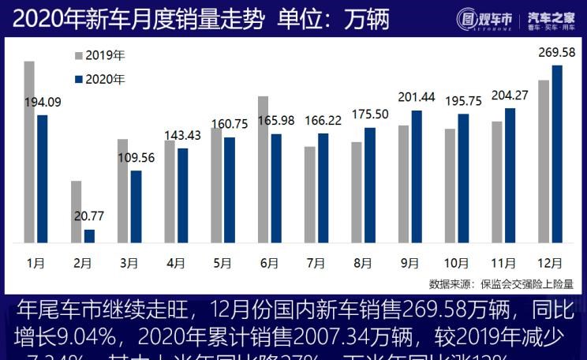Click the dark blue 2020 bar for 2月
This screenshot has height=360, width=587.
pyautogui.click(x=89, y=235)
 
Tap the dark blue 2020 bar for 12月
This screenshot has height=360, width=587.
pyautogui.click(x=557, y=154)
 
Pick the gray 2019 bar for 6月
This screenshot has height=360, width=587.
pyautogui.click(x=263, y=169)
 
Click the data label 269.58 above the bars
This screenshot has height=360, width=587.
pyautogui.click(x=556, y=53)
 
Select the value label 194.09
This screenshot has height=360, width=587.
pyautogui.click(x=43, y=102)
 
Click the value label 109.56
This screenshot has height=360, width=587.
pyautogui.click(x=136, y=157)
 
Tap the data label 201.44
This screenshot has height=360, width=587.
pyautogui.click(x=417, y=97)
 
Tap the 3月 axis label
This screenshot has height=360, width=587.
pyautogui.click(x=129, y=263)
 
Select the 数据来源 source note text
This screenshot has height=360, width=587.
pyautogui.click(x=501, y=283)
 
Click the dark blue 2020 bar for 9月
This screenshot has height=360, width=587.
pyautogui.click(x=417, y=176)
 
